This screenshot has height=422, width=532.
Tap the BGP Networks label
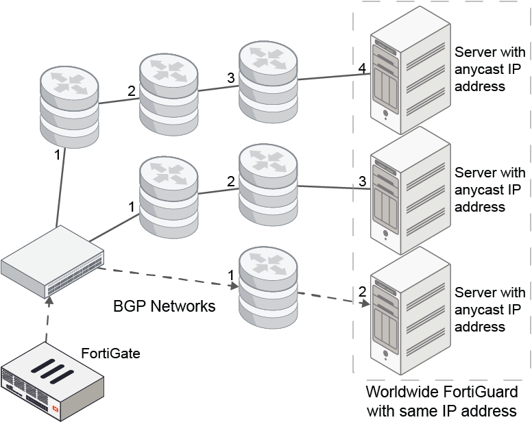pyautogui.click(x=164, y=306)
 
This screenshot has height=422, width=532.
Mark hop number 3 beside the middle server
pyautogui.click(x=362, y=181)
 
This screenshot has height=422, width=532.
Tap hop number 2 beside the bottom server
pyautogui.click(x=362, y=291)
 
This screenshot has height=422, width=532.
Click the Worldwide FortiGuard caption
pyautogui.click(x=442, y=401)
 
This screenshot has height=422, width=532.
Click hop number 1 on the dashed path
pyautogui.click(x=231, y=275)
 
